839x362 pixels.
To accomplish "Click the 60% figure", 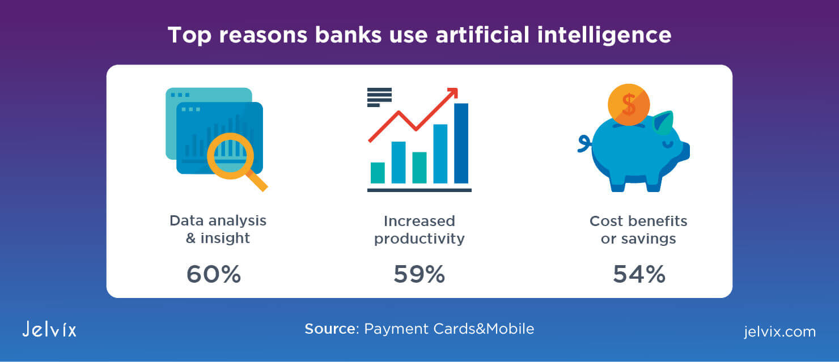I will coord(214,274).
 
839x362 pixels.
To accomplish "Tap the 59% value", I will coord(419,274).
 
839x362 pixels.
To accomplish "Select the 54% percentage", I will coord(638,274).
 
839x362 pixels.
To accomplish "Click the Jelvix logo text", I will coord(49,329).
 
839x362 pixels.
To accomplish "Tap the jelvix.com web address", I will coord(779,331).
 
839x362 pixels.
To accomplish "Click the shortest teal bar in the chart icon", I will coord(378,173).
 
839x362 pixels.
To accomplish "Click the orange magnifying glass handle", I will coord(258,181).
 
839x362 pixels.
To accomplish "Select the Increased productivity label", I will coord(419,229).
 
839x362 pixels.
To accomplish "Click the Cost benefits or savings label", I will coord(638,229).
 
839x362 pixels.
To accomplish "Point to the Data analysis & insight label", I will coord(218,229).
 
